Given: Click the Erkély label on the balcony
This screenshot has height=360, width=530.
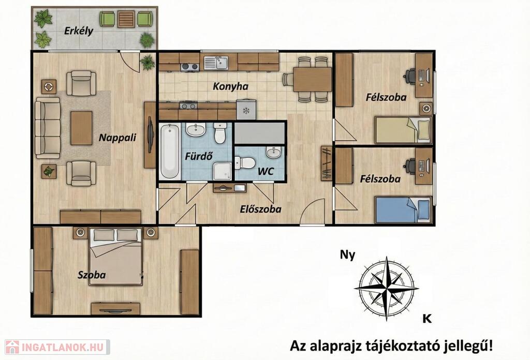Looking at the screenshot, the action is click(79, 32).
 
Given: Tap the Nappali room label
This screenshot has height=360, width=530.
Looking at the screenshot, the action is click(117, 138).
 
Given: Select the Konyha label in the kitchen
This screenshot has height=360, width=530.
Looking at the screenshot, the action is click(230, 86).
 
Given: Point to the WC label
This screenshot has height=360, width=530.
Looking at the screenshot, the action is click(266, 172).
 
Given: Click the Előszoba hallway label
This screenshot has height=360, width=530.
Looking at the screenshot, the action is click(261, 209).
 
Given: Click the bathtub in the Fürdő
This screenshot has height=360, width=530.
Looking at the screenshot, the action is click(170, 151).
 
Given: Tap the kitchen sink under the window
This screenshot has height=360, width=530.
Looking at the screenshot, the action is click(216, 63).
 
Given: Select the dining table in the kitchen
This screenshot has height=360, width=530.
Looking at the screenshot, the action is click(312, 79).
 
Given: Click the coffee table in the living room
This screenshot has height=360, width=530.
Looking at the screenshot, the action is click(81, 128).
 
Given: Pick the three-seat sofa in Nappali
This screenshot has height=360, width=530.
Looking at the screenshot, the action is click(48, 128).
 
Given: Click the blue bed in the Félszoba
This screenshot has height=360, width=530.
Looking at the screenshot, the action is click(403, 209).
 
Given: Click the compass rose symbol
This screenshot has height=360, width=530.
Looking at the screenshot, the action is click(386, 289).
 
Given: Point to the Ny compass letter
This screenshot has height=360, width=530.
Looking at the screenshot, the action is click(347, 255).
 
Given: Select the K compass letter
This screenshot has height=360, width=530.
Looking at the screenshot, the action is click(427, 319).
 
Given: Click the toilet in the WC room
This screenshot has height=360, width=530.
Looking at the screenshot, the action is click(245, 163).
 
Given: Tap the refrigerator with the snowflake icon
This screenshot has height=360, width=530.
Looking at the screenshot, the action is click(246, 110).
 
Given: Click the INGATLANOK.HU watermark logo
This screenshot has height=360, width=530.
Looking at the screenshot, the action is click(57, 347).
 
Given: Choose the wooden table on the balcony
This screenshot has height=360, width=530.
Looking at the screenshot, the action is click(126, 19).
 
